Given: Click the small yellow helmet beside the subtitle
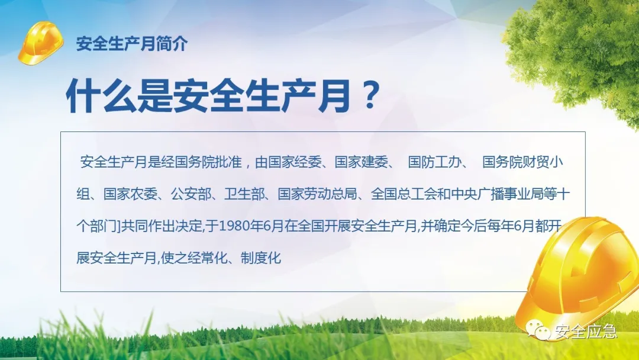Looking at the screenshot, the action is pyautogui.click(x=41, y=43).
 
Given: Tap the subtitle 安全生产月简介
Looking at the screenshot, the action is pyautogui.click(x=132, y=44).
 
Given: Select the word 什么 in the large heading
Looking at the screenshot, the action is pyautogui.click(x=101, y=97).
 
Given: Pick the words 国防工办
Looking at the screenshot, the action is pyautogui.click(x=435, y=162).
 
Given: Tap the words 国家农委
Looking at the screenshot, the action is pyautogui.click(x=130, y=194).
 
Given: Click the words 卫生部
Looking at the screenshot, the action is pyautogui.click(x=244, y=194).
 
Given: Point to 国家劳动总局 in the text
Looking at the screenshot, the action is pyautogui.click(x=318, y=194).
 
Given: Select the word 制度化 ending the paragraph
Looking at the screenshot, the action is pyautogui.click(x=261, y=258).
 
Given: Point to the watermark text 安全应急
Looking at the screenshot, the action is pyautogui.click(x=586, y=331).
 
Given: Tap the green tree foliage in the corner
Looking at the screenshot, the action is pyautogui.click(x=579, y=53).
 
